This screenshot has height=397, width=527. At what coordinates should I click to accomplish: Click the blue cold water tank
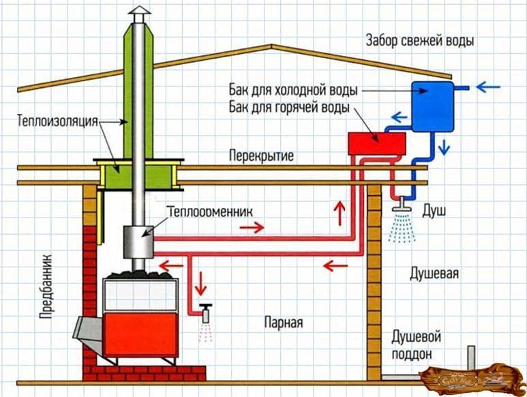point(433,106)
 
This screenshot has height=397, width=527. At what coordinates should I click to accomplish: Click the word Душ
point(434,212)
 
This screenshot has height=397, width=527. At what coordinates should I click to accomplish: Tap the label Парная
point(283,321)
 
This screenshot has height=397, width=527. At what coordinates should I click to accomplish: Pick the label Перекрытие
point(262,156)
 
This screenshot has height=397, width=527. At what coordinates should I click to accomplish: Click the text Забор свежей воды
point(420,40)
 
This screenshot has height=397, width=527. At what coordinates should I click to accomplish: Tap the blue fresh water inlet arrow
point(489,87)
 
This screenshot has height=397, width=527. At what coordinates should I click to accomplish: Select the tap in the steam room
point(205,311)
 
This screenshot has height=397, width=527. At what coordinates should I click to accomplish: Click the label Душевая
point(434,274)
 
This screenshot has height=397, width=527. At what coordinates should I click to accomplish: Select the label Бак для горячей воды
point(290,108)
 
